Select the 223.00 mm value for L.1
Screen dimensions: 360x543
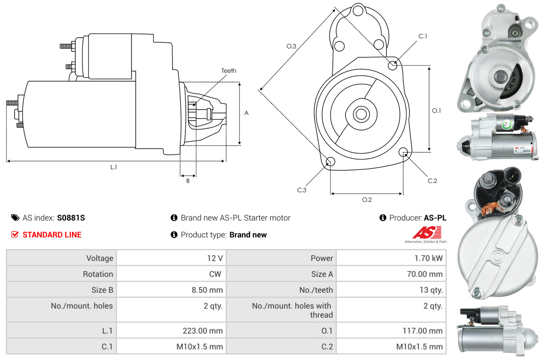[202, 331]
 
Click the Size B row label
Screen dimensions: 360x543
[102, 290]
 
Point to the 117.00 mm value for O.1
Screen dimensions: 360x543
[422, 331]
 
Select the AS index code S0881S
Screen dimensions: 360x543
[72, 218]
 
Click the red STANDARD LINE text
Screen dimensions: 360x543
[52, 235]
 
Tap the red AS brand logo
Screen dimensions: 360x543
[427, 232]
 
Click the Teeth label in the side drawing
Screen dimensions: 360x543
[229, 71]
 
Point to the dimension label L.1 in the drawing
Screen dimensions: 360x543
[113, 167]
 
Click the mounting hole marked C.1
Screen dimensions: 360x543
[393, 65]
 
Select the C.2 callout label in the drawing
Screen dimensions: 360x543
[432, 181]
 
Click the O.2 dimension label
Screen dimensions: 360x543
[367, 200]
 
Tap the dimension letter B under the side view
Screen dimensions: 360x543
[188, 181]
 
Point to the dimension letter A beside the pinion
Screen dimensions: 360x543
[247, 113]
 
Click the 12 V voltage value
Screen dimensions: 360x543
[215, 258]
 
